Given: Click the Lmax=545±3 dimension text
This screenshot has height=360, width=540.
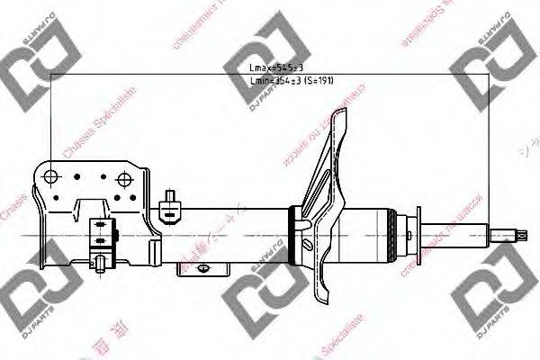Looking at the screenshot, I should tap(269, 67).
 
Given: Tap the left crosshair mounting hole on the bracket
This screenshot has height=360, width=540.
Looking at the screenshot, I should tap(51, 175).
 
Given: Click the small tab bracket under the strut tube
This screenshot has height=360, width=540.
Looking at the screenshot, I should tap(211, 267).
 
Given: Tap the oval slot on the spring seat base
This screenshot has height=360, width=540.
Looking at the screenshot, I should tap(308, 244).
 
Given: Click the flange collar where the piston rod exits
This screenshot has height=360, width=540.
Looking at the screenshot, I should tap(416, 230).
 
